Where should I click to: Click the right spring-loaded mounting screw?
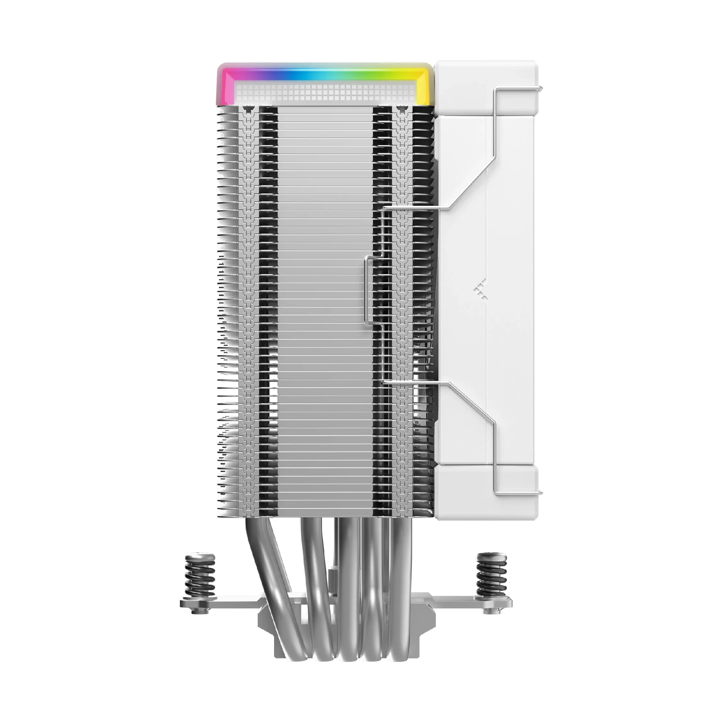[491, 576]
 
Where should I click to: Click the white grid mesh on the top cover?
[325, 91]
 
